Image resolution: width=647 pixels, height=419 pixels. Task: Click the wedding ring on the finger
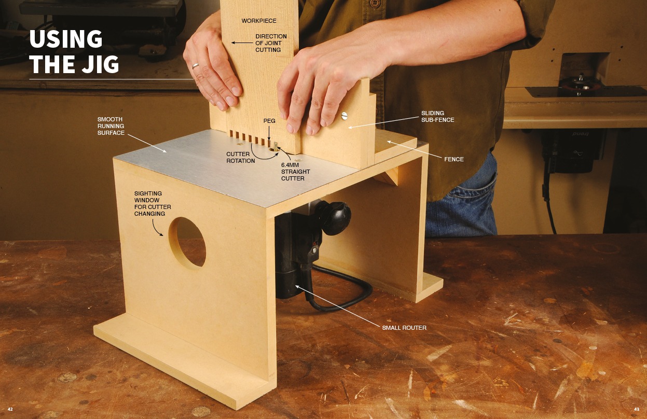(195, 66)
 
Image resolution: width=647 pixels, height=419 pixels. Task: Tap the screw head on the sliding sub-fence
(343, 116)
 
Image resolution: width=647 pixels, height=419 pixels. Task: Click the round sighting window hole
(187, 242)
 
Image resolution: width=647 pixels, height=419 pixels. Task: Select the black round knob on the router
(335, 218)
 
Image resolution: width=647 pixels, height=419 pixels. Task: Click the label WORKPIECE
(259, 21)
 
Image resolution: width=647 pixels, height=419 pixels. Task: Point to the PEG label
(269, 121)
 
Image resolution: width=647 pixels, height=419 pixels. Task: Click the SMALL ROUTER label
(404, 328)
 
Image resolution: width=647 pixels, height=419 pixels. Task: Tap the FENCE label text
(454, 159)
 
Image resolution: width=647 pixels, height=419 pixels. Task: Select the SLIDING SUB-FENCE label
(437, 116)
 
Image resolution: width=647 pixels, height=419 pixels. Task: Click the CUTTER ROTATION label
(241, 157)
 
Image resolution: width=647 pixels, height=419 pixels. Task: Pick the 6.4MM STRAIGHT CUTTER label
(296, 172)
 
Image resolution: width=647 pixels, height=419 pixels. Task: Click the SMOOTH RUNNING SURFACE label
(111, 126)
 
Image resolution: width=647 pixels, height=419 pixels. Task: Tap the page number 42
(10, 409)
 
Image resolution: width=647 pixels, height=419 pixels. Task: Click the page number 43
(637, 409)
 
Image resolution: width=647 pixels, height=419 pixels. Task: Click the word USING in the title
(66, 39)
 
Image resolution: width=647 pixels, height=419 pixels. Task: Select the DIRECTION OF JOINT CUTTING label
(271, 43)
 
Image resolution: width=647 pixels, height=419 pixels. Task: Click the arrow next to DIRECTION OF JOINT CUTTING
(242, 43)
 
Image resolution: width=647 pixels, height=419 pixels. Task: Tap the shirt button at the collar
(375, 3)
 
